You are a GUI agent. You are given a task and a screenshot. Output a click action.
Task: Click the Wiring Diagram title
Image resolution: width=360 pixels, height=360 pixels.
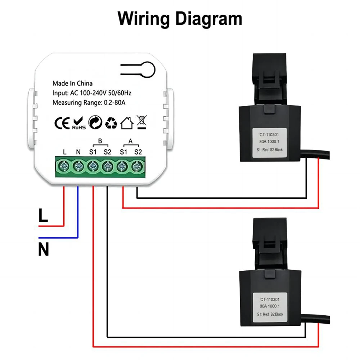pyautogui.click(x=180, y=18)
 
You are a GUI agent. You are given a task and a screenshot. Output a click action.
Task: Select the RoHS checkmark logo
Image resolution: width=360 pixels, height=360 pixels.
pyautogui.click(x=78, y=123)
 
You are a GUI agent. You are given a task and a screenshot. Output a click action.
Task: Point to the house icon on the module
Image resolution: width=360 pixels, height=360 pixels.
pyautogui.click(x=127, y=123)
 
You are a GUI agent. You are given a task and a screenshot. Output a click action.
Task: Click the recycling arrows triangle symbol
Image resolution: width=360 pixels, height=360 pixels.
pyautogui.click(x=111, y=123)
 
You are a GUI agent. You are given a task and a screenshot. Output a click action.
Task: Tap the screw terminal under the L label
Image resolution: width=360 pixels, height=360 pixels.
pyautogui.click(x=64, y=166)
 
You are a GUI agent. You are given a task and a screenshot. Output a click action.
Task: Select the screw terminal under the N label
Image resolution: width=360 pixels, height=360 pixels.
pyautogui.click(x=78, y=166)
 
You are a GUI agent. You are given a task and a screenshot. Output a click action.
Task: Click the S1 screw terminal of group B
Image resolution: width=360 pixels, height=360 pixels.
pyautogui.click(x=93, y=166)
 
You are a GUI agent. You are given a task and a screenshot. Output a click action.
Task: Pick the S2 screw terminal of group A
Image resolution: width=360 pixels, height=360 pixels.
pyautogui.click(x=137, y=166)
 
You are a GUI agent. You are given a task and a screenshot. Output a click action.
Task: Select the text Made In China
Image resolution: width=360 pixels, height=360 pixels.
pyautogui.click(x=72, y=84)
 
